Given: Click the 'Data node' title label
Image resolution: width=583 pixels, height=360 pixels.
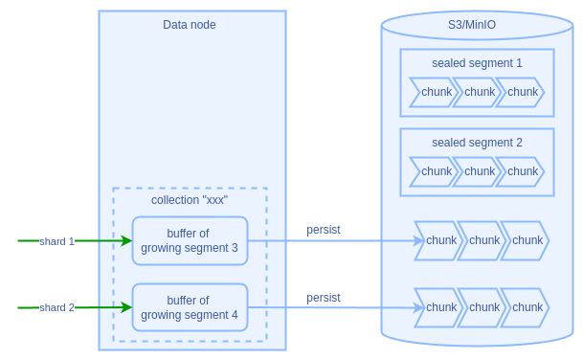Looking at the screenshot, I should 189,25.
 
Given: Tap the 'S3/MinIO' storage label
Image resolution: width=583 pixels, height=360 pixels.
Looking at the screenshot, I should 477,25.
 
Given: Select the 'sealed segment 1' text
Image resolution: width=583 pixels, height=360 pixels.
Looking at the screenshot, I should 477,63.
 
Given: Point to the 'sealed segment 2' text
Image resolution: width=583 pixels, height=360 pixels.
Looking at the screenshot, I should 477,143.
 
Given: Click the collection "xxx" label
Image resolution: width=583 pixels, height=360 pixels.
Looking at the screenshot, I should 190,200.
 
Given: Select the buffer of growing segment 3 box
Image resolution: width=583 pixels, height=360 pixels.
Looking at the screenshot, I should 190,240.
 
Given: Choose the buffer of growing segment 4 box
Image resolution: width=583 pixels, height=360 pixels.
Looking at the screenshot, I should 190,307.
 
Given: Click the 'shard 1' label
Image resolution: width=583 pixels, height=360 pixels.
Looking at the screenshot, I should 56,241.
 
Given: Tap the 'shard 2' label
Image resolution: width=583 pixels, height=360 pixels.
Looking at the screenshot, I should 56,307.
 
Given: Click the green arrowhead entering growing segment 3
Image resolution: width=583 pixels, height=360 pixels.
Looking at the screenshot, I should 126,240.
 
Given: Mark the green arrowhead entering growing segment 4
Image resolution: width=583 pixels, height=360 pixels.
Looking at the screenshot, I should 126,307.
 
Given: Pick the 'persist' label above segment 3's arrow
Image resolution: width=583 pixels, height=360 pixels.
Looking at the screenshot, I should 324,230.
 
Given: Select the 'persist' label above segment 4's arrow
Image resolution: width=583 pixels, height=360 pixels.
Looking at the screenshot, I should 324,298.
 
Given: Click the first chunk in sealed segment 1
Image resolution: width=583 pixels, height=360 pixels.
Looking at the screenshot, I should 435,92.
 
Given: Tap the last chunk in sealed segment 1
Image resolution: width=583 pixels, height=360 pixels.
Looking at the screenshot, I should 522,92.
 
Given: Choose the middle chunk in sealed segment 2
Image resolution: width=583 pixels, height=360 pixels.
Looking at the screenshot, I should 479,171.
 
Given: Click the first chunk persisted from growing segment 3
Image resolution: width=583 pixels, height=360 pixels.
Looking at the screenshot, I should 440,240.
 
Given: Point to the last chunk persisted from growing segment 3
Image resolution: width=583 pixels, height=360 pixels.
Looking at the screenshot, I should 527,240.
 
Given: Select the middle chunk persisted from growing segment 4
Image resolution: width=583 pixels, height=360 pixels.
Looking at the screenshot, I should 483,307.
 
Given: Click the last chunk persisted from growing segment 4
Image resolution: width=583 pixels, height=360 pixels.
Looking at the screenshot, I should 527,307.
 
